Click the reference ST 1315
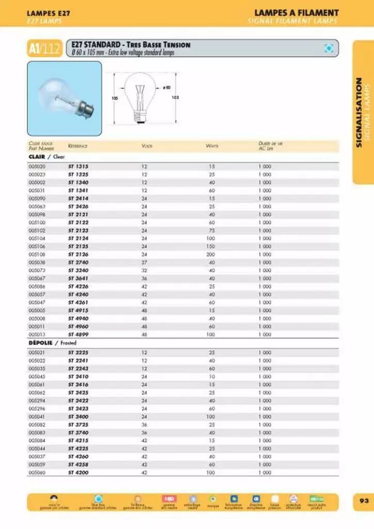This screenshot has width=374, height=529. [78, 166]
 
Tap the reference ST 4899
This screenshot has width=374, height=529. [78, 334]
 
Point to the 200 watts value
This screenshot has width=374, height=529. [211, 254]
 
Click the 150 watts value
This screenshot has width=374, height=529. [211, 246]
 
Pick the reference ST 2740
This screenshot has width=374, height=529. [78, 262]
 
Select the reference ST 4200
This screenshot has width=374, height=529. [78, 472]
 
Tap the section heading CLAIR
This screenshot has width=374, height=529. [37, 157]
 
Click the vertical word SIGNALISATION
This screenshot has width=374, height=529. [360, 112]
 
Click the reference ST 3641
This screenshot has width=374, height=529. [78, 278]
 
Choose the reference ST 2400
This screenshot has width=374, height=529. [78, 416]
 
